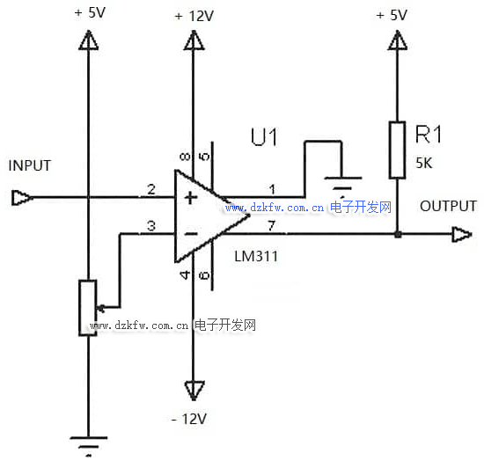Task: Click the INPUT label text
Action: (x=30, y=165)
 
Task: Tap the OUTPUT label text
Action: (x=448, y=206)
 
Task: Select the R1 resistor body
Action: (x=397, y=150)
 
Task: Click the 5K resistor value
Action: (x=424, y=163)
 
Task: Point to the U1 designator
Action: (x=264, y=136)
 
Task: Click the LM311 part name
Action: (x=256, y=256)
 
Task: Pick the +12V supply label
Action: (x=194, y=16)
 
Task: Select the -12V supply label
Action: (x=188, y=419)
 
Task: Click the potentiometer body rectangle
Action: (x=88, y=308)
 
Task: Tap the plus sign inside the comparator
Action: (x=190, y=197)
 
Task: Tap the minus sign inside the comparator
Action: (x=191, y=234)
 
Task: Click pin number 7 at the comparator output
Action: (x=271, y=225)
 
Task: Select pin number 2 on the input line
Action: (x=151, y=189)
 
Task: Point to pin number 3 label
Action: (x=151, y=225)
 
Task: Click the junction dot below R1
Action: (x=398, y=234)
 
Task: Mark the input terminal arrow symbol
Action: (x=21, y=198)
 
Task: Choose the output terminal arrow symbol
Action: (x=462, y=234)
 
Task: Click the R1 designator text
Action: (x=429, y=135)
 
